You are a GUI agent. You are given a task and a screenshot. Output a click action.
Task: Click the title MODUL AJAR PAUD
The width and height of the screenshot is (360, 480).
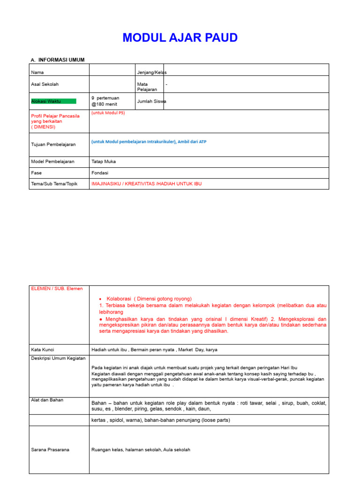180,38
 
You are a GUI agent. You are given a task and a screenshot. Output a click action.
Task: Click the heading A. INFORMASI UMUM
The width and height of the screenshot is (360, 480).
58,60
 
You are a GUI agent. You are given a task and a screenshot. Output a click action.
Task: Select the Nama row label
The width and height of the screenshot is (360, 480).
37,73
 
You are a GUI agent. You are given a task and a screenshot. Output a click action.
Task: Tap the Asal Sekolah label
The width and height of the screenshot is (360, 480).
45,84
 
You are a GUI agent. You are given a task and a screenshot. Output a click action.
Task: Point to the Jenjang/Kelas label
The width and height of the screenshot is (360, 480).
151,73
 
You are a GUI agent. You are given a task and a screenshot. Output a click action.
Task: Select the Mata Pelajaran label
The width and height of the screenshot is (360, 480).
147,87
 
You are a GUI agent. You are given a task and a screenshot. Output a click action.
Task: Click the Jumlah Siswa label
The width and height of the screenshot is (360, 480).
151,101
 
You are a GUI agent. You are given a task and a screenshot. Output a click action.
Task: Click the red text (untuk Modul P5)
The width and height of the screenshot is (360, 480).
108,113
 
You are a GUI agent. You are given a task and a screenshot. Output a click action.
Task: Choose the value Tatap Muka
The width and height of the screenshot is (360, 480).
104,162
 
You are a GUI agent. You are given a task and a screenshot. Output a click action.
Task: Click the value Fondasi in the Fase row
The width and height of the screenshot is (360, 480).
100,173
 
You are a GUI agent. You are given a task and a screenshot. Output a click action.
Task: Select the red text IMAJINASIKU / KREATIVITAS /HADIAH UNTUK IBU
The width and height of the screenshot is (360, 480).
146,184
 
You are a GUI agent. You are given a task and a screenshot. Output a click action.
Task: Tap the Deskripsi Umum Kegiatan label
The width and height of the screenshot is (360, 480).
58,358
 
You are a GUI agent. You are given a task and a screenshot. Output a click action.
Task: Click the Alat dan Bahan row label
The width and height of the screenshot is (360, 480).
48,400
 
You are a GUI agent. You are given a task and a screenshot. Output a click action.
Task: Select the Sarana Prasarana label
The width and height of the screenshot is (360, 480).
50,450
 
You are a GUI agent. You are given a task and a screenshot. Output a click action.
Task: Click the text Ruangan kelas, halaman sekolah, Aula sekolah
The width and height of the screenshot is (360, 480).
141,450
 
